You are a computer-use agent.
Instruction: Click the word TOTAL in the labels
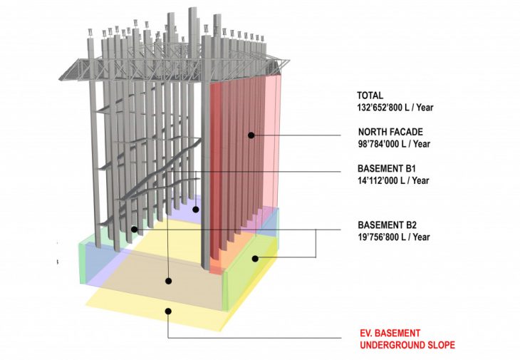pos(370,95)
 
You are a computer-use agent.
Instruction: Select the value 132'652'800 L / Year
pos(396,108)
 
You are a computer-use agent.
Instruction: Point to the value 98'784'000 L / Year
pos(393,144)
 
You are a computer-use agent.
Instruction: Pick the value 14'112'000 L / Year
pos(393,181)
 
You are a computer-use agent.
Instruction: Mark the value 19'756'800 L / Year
pos(393,237)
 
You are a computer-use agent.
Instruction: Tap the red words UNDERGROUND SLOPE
pos(407,345)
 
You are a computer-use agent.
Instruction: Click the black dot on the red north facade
pos(251,134)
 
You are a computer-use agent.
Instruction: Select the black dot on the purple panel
pos(195,210)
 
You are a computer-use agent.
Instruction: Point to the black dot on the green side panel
pos(255,257)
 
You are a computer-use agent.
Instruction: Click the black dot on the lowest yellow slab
pos(168,310)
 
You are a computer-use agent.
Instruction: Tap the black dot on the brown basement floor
pos(168,280)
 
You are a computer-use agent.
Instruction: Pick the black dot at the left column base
pos(134,230)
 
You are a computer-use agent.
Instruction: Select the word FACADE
pos(409,132)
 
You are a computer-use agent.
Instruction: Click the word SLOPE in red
pos(439,345)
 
